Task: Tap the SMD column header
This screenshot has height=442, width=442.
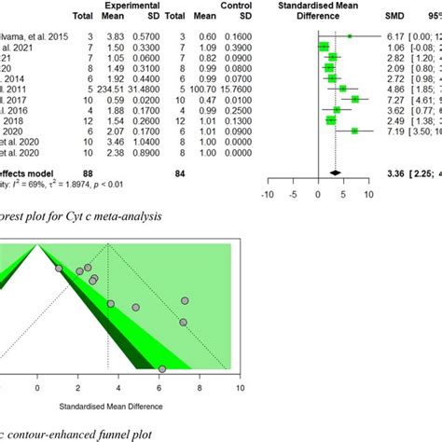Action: [395, 18]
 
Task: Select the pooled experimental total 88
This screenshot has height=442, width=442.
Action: [81, 170]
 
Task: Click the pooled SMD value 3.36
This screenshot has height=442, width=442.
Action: [396, 170]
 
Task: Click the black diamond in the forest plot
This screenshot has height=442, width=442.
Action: [335, 171]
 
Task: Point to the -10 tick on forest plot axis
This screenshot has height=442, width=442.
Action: [268, 195]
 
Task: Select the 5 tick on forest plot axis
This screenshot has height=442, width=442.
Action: [344, 195]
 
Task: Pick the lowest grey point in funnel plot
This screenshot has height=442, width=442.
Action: [162, 369]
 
